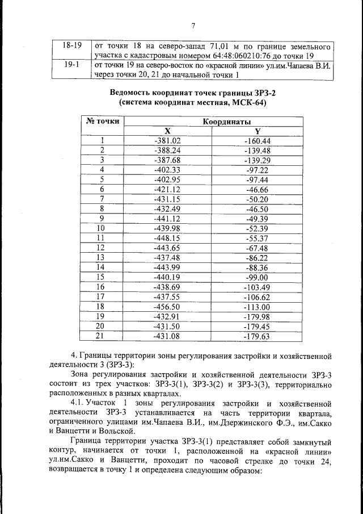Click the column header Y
[x=257, y=131]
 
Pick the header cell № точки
[x=103, y=121]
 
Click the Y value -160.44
[x=257, y=141]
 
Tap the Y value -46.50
[x=257, y=208]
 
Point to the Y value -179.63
[x=257, y=336]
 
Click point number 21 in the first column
[x=102, y=336]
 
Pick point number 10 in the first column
[x=102, y=228]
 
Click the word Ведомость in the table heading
[x=133, y=93]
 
